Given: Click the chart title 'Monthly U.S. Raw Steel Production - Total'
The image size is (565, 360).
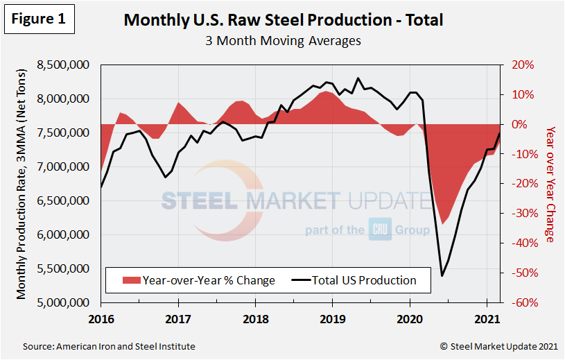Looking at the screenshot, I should click(283, 20).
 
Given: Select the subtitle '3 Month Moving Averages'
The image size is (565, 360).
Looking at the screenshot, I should click(283, 41).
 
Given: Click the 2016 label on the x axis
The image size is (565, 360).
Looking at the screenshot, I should click(101, 321).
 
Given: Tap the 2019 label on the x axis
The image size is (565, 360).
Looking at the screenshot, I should click(332, 321).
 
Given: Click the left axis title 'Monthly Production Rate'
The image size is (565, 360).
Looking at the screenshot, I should click(22, 184).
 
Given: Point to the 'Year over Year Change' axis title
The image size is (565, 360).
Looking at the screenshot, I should click(550, 184).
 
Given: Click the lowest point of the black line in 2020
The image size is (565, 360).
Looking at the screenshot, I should click(442, 276).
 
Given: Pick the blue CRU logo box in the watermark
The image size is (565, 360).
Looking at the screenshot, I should click(381, 230).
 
